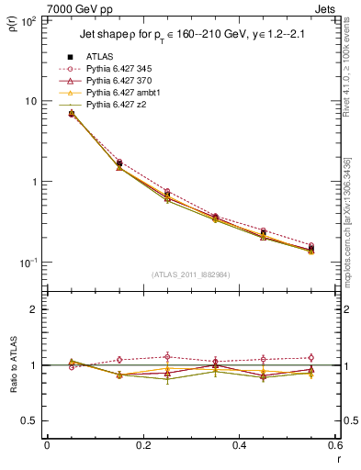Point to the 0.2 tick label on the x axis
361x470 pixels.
(x=142, y=446)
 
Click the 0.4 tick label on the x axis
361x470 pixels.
(x=238, y=446)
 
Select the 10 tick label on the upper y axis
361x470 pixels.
(x=32, y=101)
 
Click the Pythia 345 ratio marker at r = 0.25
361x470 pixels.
(x=167, y=356)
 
